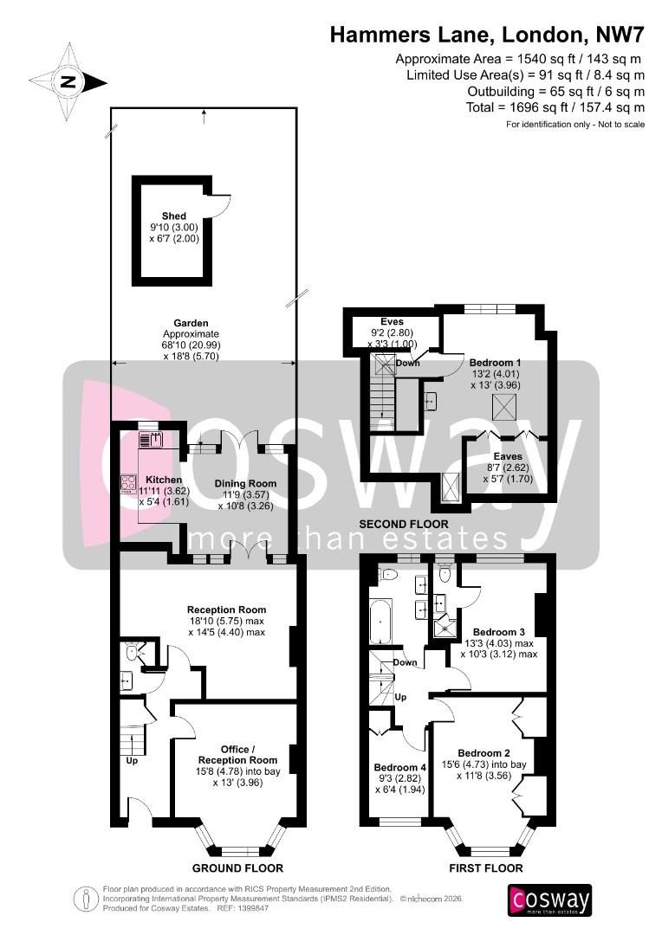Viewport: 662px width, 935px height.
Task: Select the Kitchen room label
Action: (x=163, y=479)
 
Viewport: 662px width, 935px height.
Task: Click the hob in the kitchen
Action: (x=128, y=483)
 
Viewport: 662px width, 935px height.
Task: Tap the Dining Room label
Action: (x=246, y=483)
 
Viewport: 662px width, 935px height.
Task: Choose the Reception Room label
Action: (x=226, y=609)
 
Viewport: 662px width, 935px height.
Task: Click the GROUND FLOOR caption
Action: (x=237, y=867)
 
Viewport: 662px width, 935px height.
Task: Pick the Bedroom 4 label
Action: (x=399, y=767)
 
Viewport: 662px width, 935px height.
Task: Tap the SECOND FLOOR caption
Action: (x=405, y=524)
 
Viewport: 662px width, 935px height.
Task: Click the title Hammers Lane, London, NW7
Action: (x=486, y=35)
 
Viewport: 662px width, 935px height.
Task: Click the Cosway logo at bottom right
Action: (x=550, y=900)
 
